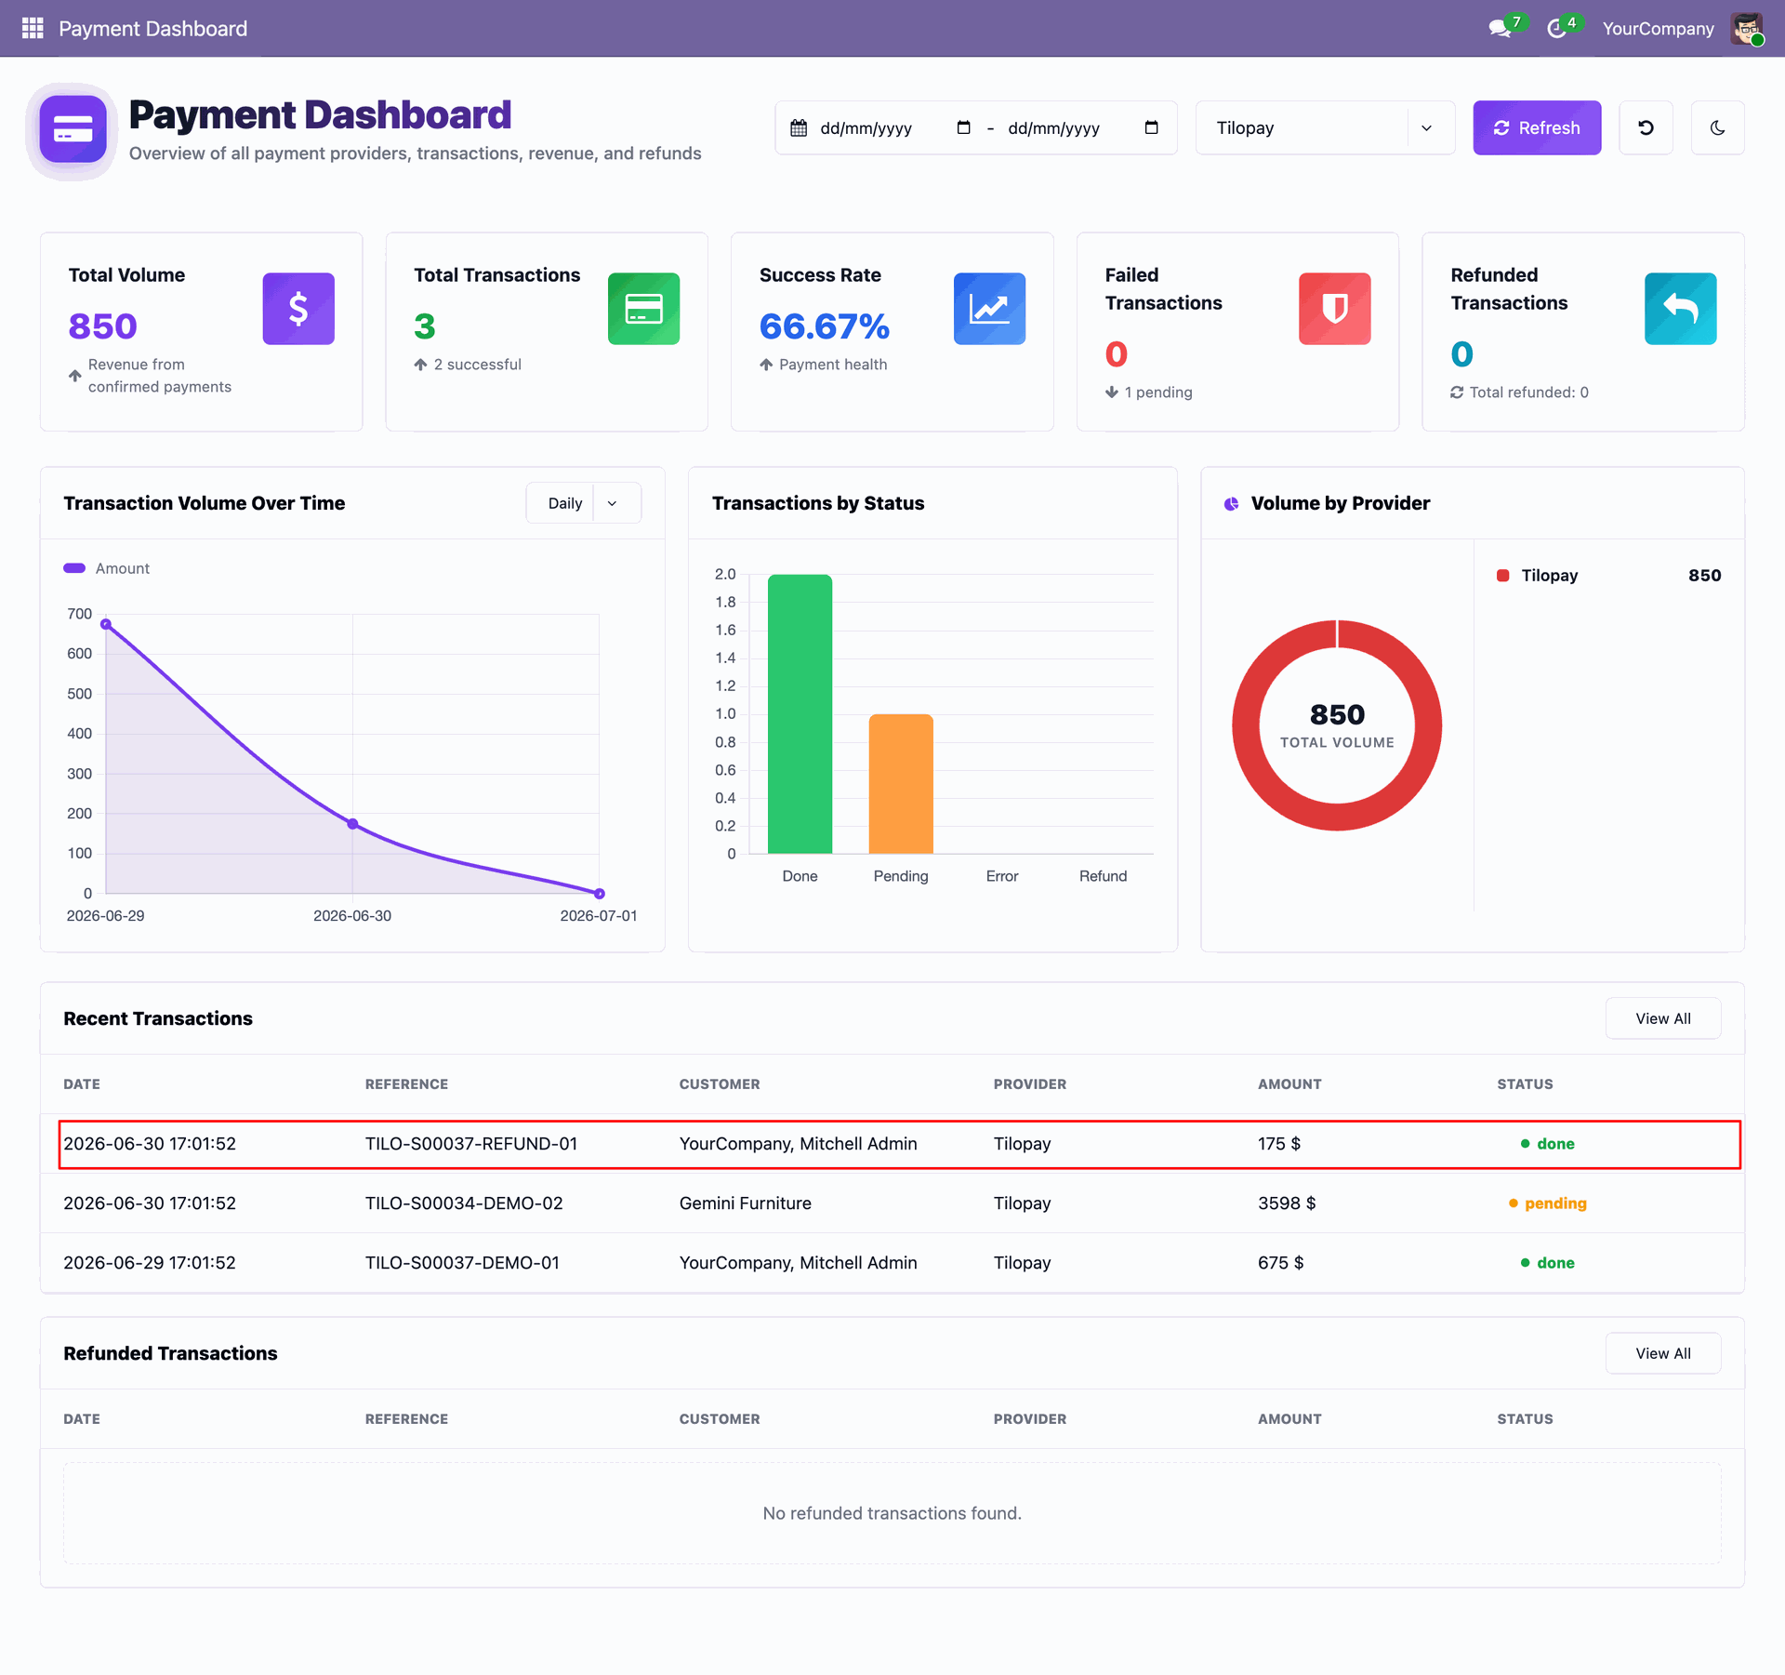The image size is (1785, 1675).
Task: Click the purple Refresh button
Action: tap(1537, 127)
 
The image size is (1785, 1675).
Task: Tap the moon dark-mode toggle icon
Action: tap(1717, 127)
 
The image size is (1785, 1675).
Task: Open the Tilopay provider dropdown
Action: tap(1325, 127)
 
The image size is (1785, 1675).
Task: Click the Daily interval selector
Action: tap(583, 503)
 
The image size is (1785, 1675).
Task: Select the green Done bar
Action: tap(800, 713)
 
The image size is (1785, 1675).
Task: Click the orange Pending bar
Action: tap(901, 783)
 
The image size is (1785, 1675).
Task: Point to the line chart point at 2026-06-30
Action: tap(352, 824)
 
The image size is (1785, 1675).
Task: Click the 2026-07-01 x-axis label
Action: tap(599, 916)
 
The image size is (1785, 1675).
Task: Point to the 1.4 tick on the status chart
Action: tap(725, 658)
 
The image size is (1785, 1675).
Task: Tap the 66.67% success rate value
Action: tap(824, 326)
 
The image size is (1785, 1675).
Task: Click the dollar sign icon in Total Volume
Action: tap(298, 309)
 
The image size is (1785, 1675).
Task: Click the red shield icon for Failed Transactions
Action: tap(1334, 309)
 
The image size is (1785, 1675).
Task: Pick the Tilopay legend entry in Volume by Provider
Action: tap(1549, 576)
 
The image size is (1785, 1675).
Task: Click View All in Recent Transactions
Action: tap(1663, 1018)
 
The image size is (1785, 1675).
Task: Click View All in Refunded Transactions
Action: tap(1663, 1353)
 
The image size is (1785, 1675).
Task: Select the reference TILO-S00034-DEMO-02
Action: tap(464, 1203)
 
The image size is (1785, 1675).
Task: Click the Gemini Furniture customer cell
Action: tap(746, 1203)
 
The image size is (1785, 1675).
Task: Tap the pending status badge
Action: tap(1548, 1203)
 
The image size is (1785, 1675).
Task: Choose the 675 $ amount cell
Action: tap(1281, 1263)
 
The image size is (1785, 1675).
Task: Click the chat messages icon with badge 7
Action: tap(1499, 29)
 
